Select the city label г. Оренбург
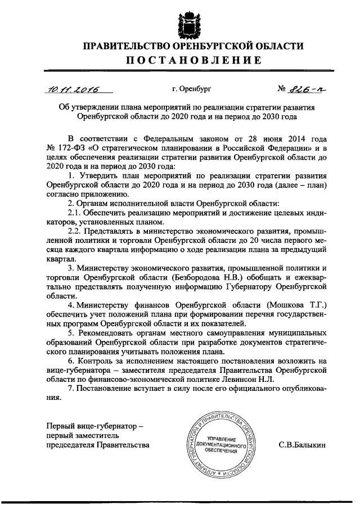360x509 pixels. click(x=191, y=89)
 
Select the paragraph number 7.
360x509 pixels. click(x=70, y=389)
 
